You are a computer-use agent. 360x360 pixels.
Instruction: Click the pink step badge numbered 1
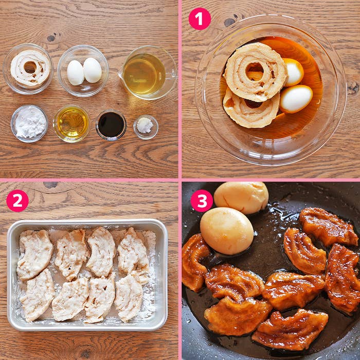point(200,19)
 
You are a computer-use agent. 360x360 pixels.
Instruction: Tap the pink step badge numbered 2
point(17,201)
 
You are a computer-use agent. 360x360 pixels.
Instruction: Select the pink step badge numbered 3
point(202,201)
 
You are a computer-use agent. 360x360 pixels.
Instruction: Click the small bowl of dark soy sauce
point(111,125)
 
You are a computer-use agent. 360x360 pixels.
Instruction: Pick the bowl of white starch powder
point(29,123)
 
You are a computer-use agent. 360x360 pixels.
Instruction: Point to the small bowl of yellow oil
point(71,124)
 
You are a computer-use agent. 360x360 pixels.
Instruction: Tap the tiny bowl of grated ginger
point(146,127)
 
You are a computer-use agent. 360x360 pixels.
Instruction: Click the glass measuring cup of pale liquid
point(148,73)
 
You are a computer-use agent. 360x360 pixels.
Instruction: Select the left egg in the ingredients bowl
point(75,73)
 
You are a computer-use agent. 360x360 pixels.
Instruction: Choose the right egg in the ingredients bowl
point(92,70)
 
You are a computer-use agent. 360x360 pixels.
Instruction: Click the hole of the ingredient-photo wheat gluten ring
point(30,67)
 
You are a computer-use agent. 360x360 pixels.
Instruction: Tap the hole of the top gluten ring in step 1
point(255,70)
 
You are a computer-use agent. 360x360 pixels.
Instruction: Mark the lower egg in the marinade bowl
point(296,99)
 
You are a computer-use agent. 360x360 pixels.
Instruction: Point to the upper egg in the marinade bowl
point(294,72)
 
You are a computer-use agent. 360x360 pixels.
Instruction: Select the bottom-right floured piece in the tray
point(129,297)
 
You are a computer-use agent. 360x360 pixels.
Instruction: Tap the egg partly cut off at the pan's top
point(241,197)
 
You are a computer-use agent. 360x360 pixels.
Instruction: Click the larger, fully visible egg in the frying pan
point(226,231)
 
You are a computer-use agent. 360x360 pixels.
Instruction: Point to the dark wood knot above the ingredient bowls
point(51,38)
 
